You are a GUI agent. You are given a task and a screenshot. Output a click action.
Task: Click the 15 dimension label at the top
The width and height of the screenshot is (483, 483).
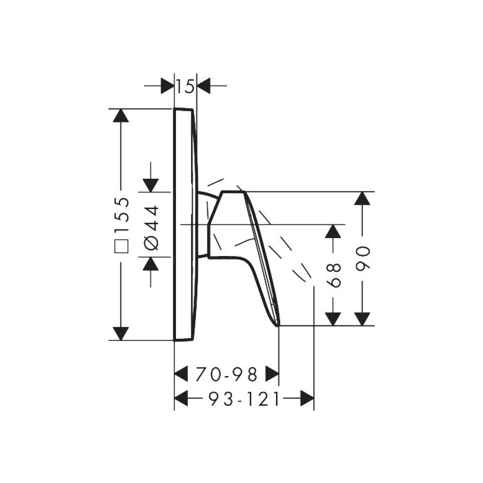(184, 87)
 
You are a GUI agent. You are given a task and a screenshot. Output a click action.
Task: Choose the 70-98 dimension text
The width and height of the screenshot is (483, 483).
(226, 375)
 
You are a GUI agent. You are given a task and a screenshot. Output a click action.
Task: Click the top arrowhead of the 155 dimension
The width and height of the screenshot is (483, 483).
(121, 116)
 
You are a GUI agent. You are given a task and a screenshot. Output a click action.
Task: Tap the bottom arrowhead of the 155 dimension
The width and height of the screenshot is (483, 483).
(121, 333)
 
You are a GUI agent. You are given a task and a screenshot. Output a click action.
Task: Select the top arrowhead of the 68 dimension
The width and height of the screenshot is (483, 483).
(334, 232)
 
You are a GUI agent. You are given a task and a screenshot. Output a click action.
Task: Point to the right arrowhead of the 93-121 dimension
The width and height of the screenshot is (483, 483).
(306, 398)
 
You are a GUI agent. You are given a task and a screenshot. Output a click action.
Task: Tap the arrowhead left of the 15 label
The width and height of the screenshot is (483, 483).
(167, 86)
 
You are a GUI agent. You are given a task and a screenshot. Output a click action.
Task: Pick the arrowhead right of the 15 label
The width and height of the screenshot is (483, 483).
(203, 86)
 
